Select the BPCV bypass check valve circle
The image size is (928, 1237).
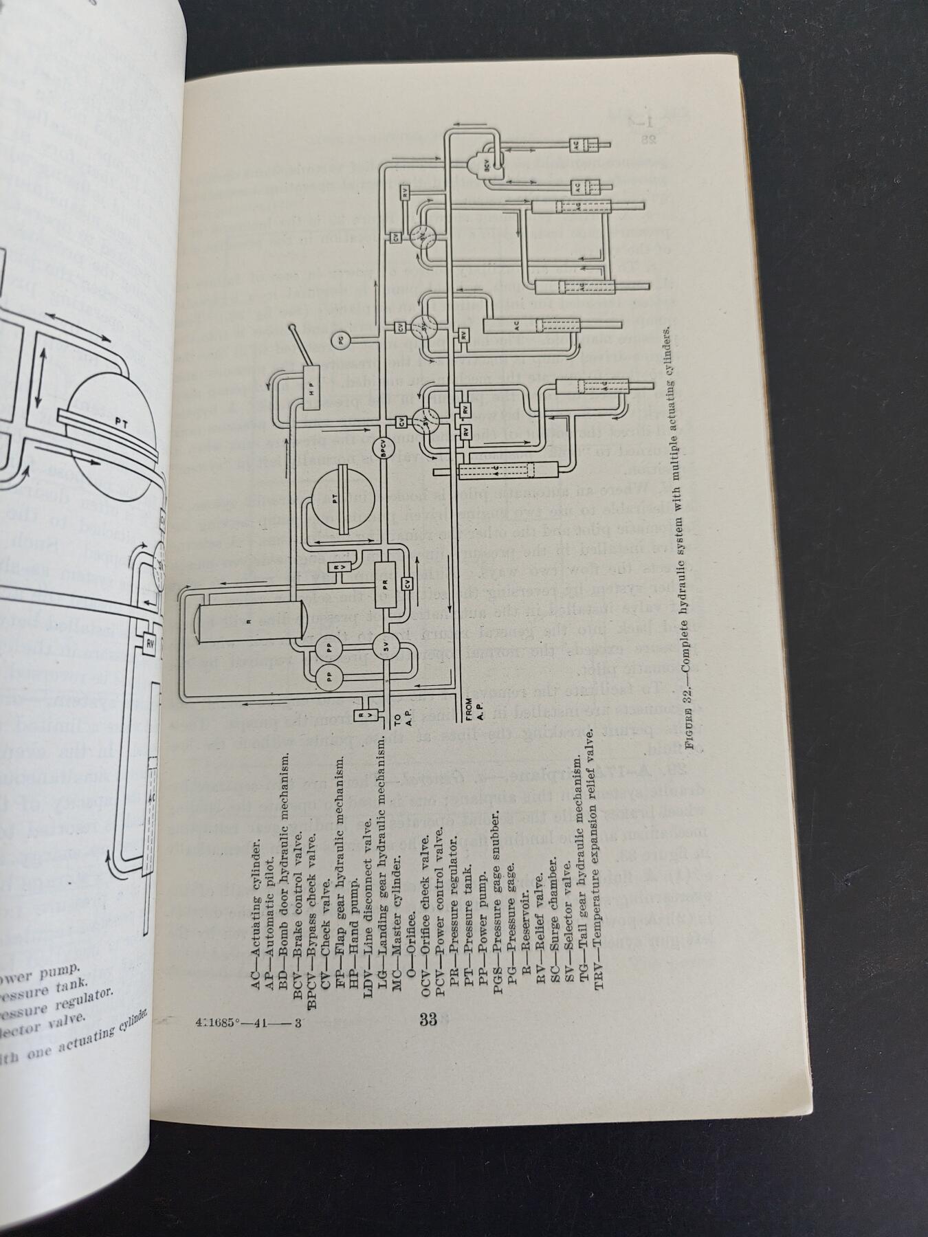tap(385, 447)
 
